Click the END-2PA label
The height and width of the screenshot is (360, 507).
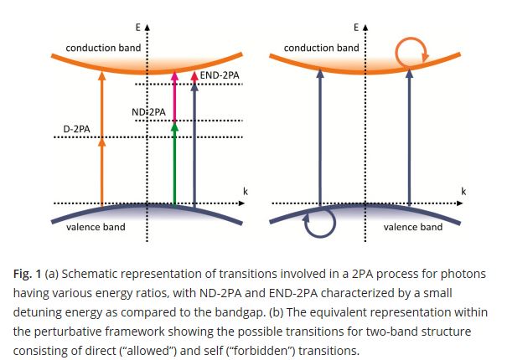click(220, 75)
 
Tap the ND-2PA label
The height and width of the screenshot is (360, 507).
click(149, 111)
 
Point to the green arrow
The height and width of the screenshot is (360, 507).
click(174, 163)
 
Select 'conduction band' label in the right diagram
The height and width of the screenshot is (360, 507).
click(321, 48)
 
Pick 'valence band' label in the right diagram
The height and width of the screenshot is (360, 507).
click(413, 227)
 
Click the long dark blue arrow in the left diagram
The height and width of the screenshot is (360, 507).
click(194, 142)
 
